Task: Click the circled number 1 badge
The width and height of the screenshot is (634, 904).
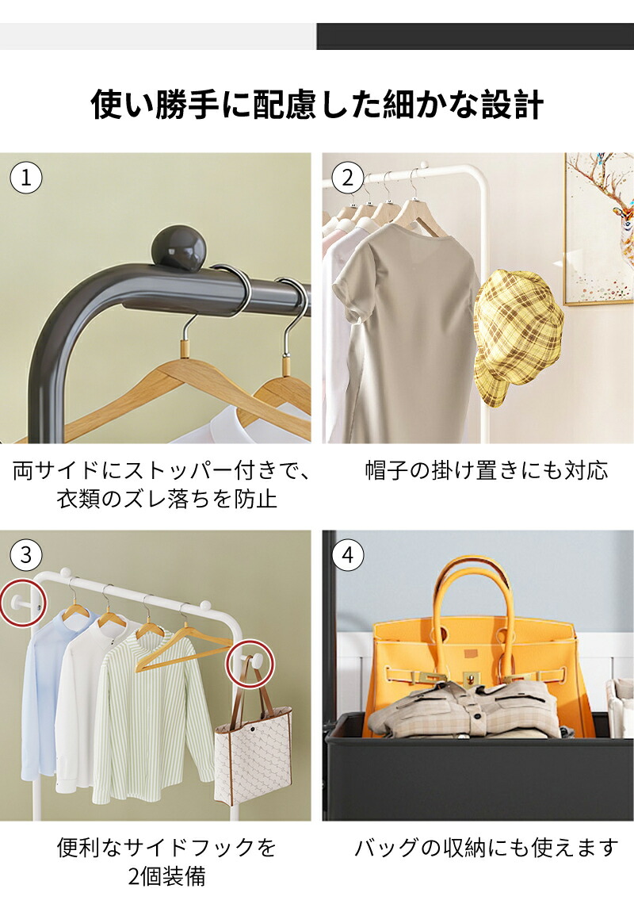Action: tap(26, 178)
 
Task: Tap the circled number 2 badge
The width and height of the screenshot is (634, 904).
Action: tap(348, 178)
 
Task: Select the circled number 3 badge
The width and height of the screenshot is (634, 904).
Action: tap(26, 554)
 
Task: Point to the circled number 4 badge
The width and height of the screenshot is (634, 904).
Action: tap(348, 554)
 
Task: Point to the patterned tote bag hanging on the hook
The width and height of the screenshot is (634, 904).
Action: tap(254, 749)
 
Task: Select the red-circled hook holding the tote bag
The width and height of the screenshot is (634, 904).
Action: tap(253, 663)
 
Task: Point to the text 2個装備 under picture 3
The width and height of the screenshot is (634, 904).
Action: tap(167, 876)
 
